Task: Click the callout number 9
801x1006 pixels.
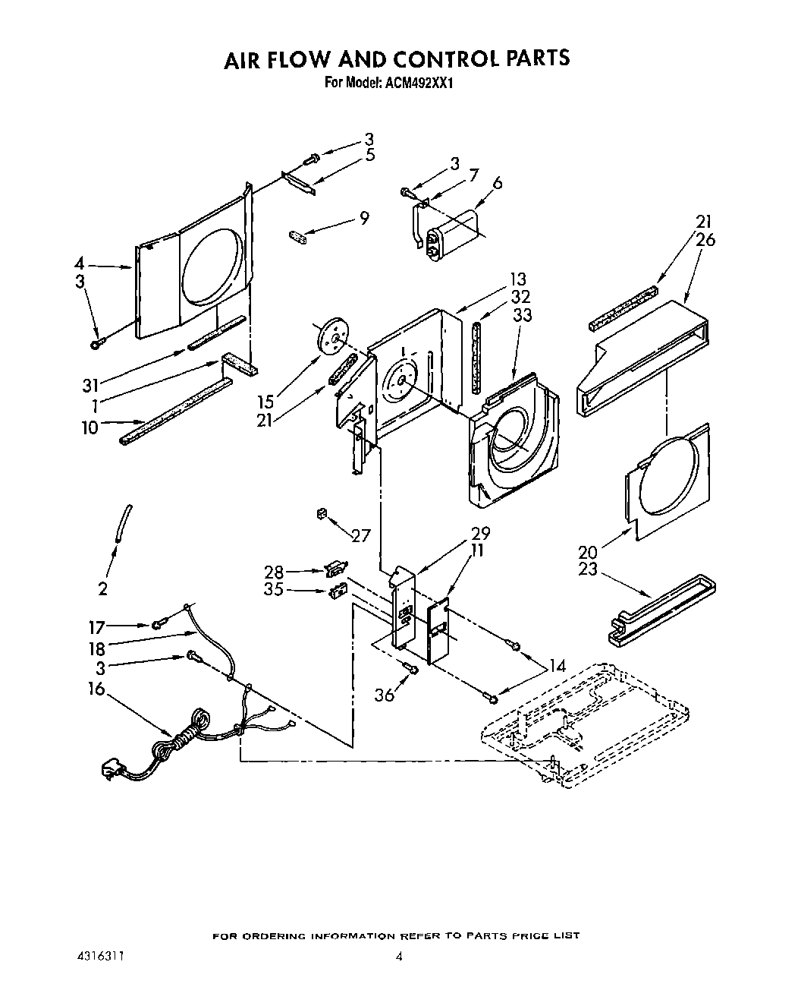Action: coord(365,219)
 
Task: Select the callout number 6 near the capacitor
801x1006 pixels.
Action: coord(498,183)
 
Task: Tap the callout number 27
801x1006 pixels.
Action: coord(360,535)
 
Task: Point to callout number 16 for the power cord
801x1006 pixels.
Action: coord(96,689)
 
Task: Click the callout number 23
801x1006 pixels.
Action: coord(587,569)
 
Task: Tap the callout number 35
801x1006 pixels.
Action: coord(275,589)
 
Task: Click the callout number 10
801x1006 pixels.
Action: coord(90,427)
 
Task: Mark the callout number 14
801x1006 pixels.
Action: coord(558,666)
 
